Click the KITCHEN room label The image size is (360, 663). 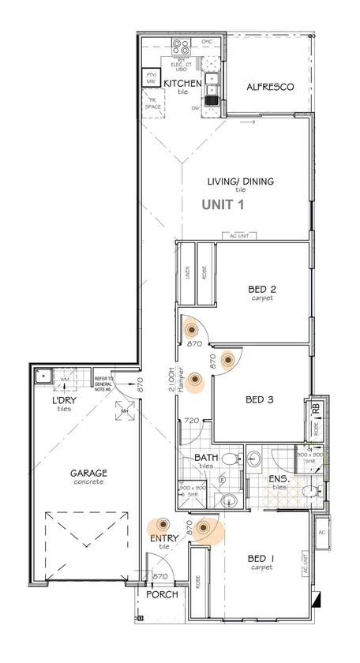point(182,82)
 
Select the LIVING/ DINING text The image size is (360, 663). point(240,182)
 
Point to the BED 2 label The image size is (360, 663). point(261,288)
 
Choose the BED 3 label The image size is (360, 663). point(259,400)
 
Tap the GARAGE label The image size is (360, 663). point(90,474)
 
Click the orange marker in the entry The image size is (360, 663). point(163,524)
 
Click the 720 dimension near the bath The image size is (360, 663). point(190,421)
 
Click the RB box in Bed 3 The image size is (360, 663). point(317,407)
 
